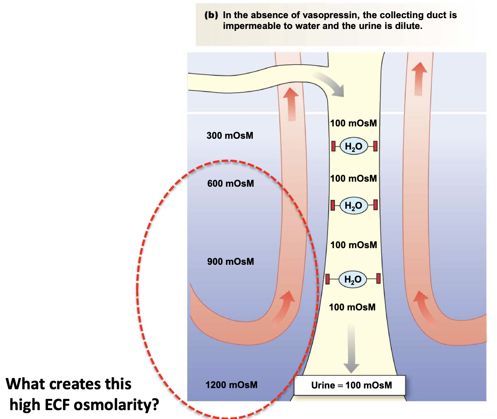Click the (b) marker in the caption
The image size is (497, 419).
(211, 15)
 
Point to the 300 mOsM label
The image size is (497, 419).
(230, 136)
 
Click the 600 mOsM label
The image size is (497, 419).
(231, 184)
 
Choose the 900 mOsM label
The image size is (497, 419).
(231, 262)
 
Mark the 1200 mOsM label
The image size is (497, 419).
(231, 385)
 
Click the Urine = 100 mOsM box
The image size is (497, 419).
(350, 385)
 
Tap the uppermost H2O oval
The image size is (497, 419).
(353, 146)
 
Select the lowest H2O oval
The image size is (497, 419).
(353, 279)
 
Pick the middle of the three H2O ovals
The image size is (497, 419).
(353, 205)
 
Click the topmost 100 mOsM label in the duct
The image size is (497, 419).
(353, 123)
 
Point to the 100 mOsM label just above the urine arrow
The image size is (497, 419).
(352, 307)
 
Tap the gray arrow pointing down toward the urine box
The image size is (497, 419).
(351, 348)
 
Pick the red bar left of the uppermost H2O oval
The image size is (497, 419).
(333, 146)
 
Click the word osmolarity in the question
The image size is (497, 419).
(116, 405)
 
